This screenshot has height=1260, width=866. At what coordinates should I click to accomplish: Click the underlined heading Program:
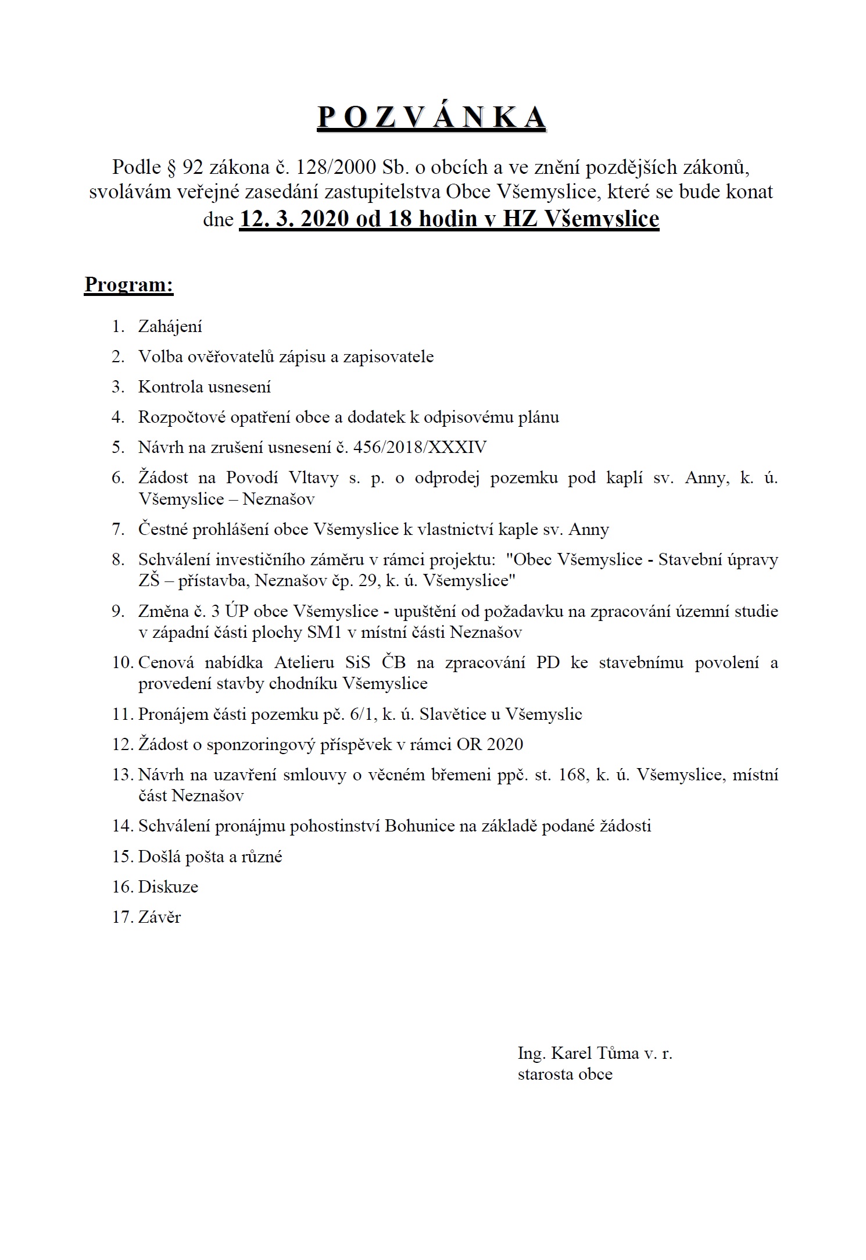(129, 284)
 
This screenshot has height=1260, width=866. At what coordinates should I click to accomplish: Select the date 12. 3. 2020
(294, 219)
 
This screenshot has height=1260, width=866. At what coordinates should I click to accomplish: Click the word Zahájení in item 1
(170, 327)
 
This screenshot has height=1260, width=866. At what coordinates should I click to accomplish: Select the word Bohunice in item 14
(419, 826)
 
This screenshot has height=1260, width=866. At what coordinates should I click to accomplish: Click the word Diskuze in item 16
(168, 887)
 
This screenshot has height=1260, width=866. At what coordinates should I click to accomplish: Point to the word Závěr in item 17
(159, 917)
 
